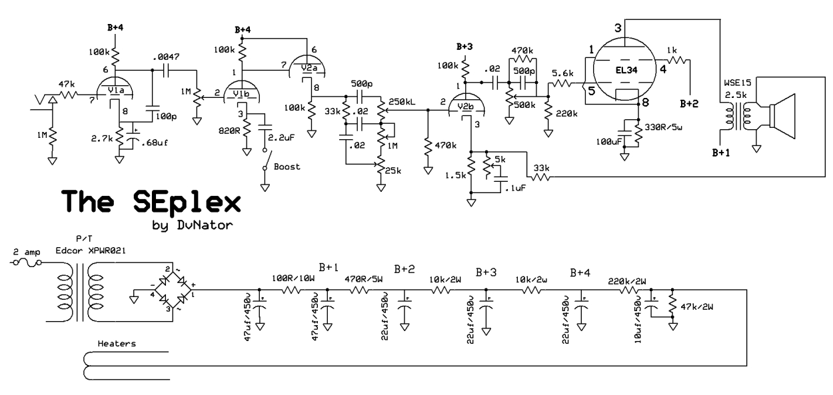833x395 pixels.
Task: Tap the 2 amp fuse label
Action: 27,253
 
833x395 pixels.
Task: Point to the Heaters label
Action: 117,344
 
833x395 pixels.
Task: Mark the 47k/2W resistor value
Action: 696,307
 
